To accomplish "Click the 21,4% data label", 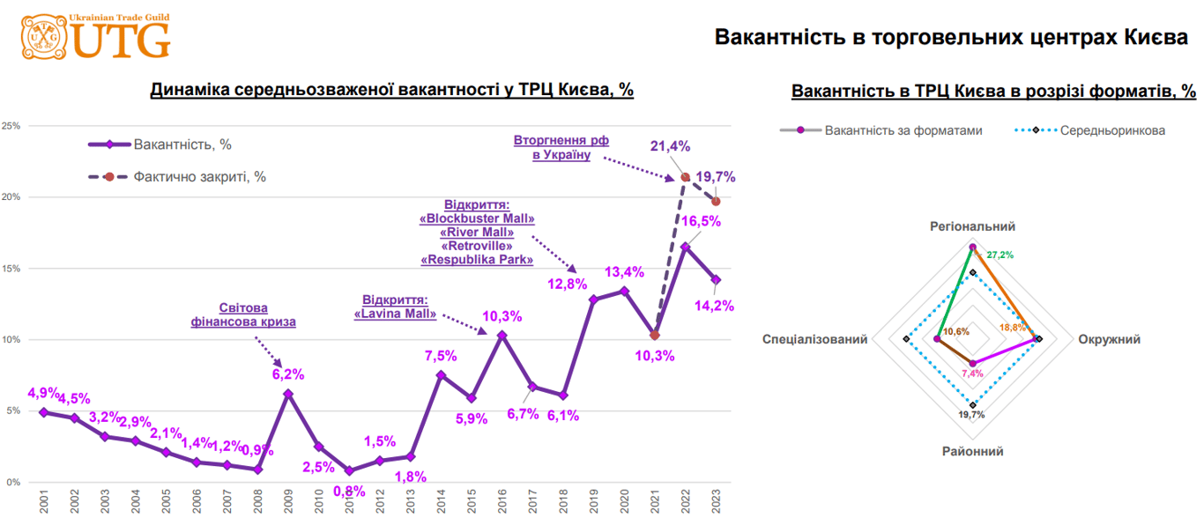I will click(671, 146).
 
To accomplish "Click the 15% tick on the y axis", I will click(11, 268).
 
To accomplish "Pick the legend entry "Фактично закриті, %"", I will click(199, 176).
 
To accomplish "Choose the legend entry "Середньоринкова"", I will click(1111, 130).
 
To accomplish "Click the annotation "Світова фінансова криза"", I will click(243, 315).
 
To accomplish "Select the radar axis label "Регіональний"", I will click(973, 226).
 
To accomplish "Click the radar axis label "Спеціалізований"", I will click(815, 339).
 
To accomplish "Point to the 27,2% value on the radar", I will click(1000, 255).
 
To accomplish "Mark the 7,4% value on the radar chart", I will click(973, 373).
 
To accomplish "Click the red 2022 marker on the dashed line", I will click(685, 177).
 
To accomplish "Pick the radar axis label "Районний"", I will click(973, 451).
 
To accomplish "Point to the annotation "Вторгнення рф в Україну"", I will click(561, 147).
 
